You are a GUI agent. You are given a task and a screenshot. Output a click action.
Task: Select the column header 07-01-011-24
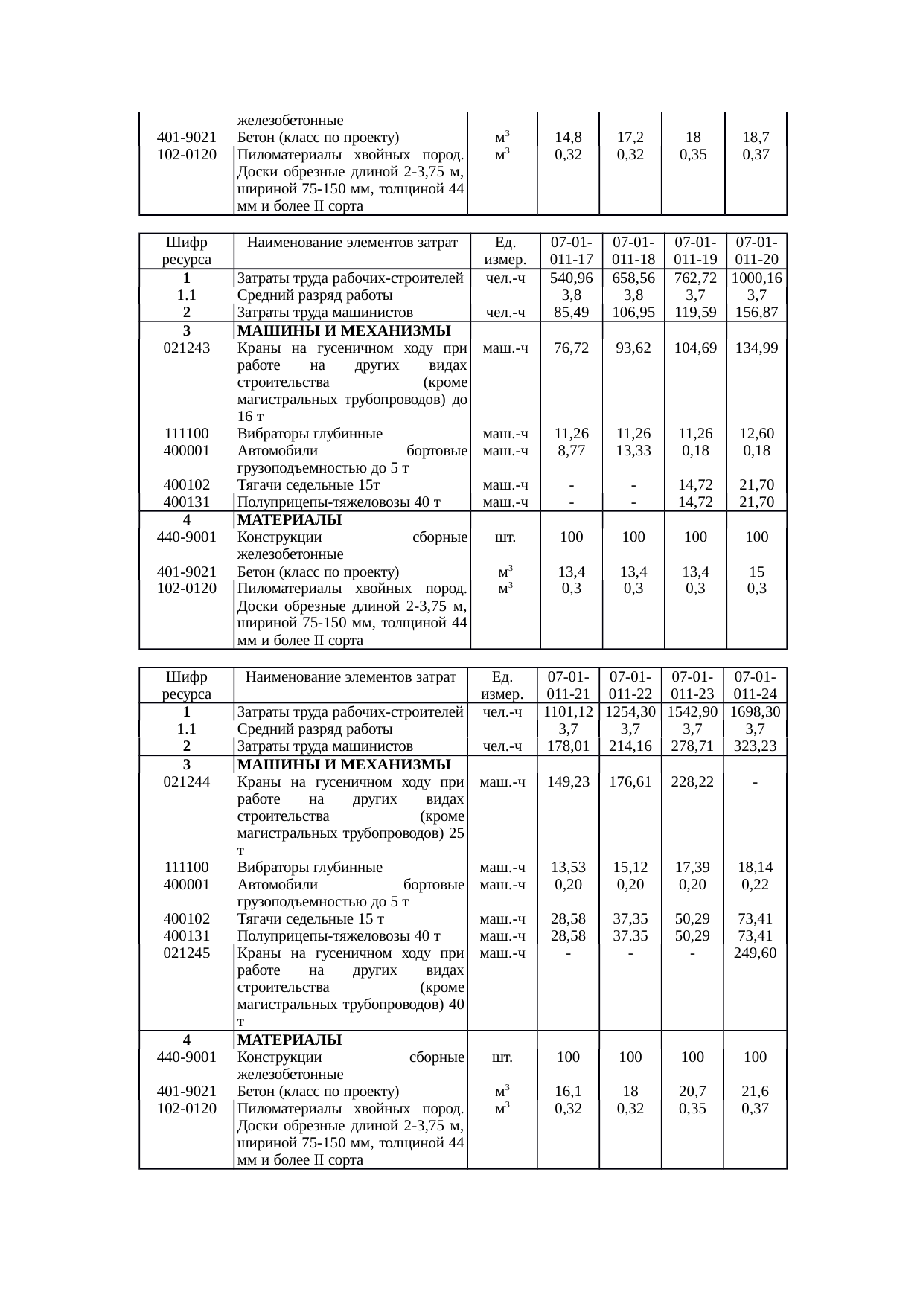(x=755, y=685)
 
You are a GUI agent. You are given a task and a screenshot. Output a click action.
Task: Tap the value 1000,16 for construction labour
(x=756, y=278)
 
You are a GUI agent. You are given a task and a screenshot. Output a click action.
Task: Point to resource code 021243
(x=186, y=348)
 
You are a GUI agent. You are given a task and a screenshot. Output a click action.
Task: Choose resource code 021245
(x=186, y=953)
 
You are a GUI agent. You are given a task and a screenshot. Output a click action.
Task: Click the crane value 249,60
(x=755, y=953)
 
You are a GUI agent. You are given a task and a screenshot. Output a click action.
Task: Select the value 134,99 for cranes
(x=756, y=348)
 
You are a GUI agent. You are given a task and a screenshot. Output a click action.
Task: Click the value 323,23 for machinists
(x=755, y=746)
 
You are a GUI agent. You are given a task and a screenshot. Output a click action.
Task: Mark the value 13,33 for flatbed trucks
(x=633, y=450)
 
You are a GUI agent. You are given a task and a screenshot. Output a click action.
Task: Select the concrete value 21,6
(x=755, y=1092)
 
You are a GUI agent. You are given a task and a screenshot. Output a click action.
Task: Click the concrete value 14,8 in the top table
(x=569, y=138)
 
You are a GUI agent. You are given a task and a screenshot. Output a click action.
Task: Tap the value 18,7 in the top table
(x=756, y=138)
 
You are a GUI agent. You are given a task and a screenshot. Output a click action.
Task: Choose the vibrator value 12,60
(x=756, y=433)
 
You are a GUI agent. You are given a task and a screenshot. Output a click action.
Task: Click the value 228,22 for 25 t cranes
(x=692, y=781)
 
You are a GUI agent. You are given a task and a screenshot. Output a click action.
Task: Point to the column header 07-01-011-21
(x=568, y=685)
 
